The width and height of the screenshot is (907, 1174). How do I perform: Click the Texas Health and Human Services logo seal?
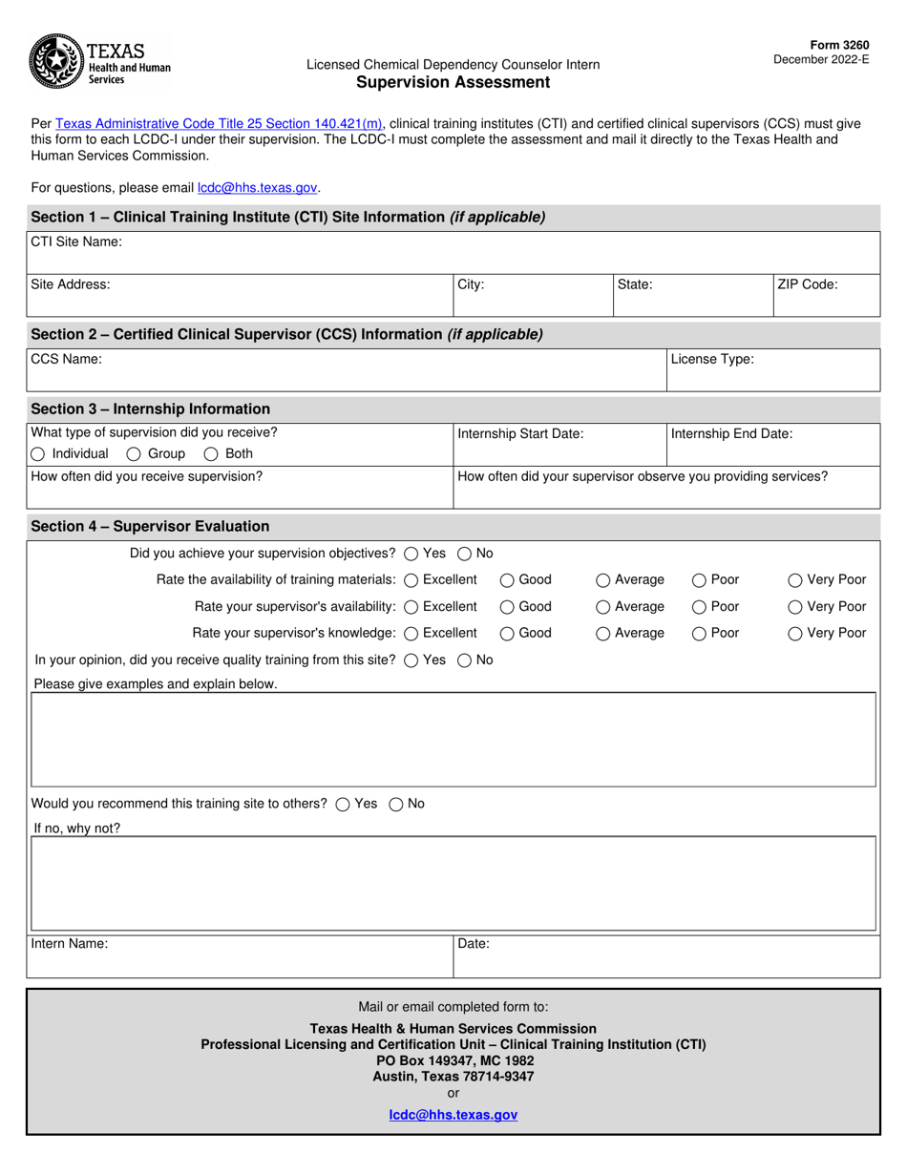coord(55,61)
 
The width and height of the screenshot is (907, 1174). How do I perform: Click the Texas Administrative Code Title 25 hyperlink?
coord(220,123)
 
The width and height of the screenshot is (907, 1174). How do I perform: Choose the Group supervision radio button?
coord(135,454)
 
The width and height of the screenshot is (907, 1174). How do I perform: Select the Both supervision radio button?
coord(212,454)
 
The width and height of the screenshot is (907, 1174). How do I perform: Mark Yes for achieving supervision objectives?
coord(411,554)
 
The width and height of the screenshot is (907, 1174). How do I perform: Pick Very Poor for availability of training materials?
coord(795,580)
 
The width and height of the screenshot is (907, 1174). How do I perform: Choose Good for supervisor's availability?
coord(508,607)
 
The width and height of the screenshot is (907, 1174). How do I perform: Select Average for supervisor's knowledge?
coord(603,634)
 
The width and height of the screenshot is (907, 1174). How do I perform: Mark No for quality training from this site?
coord(465,660)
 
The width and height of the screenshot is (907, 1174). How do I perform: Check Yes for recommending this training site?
coord(343,805)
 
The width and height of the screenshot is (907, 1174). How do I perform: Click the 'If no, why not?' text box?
coord(453,884)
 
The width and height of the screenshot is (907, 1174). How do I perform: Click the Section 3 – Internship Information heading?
coord(151,409)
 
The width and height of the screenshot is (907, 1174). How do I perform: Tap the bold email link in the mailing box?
coord(453,1115)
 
